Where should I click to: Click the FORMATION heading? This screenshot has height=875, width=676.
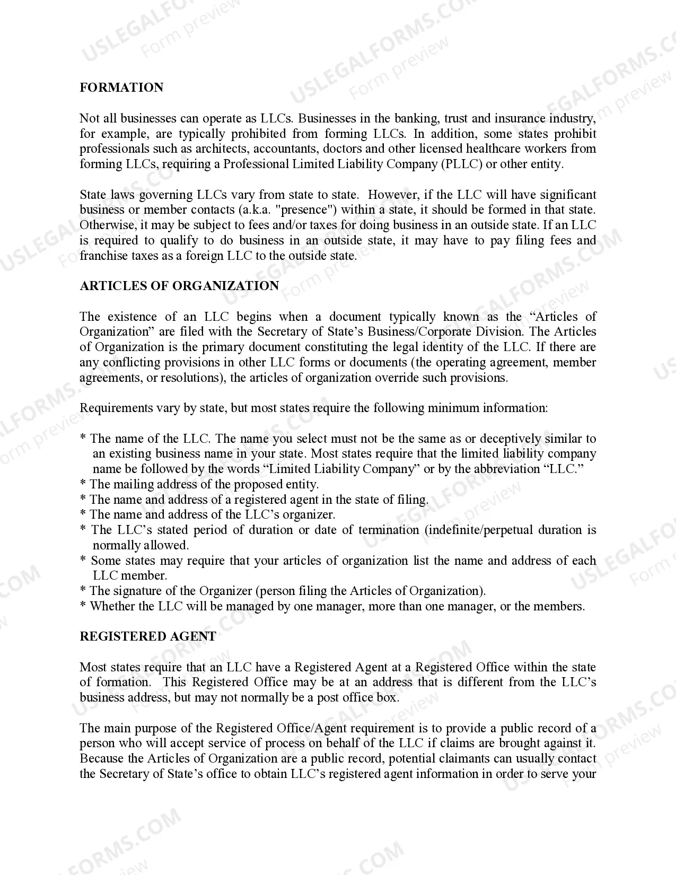point(121,87)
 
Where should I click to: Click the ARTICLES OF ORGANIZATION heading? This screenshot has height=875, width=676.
point(179,286)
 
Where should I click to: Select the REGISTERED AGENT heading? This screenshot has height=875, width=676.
point(147,636)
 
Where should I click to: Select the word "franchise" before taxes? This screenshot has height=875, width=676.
point(104,256)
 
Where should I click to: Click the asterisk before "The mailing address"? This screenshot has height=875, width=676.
point(83,485)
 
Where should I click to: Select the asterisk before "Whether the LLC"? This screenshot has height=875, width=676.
point(83,607)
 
